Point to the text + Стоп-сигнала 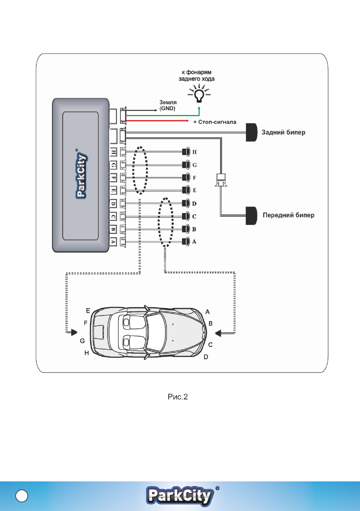[215, 122]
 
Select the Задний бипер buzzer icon [251, 133]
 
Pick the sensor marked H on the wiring [186, 151]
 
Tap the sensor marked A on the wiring [186, 242]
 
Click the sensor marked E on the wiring [186, 190]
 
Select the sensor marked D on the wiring [186, 203]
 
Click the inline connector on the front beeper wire [221, 179]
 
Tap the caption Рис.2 [178, 396]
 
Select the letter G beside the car [82, 341]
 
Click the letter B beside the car [211, 323]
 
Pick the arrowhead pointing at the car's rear [73, 332]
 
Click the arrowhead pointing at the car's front [218, 333]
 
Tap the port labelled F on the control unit [113, 178]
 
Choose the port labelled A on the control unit [113, 242]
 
